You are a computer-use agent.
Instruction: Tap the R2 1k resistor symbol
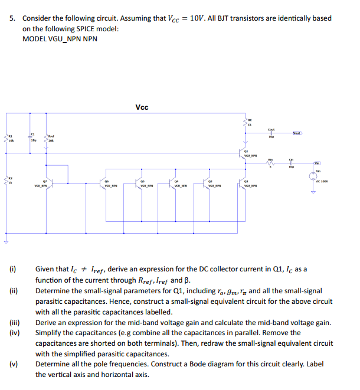pyautogui.click(x=7, y=180)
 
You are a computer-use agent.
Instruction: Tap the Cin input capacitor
pyautogui.click(x=292, y=163)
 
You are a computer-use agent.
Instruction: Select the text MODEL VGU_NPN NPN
pyautogui.click(x=60, y=39)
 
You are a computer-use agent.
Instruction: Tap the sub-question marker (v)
pyautogui.click(x=12, y=364)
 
